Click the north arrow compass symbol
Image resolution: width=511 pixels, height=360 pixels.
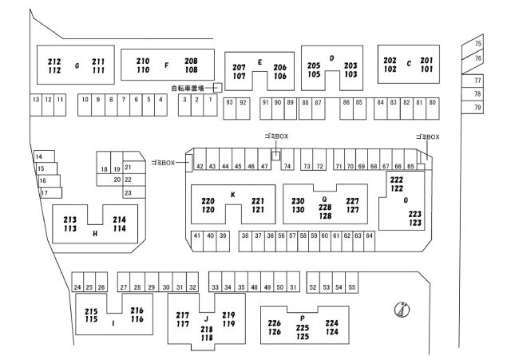point(402,309)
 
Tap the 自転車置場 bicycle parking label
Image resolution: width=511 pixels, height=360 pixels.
point(188,88)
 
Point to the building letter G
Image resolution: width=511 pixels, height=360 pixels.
point(77,65)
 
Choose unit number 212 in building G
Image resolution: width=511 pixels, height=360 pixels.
point(54,61)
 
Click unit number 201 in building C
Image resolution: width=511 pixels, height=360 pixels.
point(426,61)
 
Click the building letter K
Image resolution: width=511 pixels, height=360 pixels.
point(233,195)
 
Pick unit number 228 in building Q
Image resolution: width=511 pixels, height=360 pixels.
point(325,208)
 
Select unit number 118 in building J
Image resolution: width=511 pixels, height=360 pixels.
point(207,338)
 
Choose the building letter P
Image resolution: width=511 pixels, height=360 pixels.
point(303,318)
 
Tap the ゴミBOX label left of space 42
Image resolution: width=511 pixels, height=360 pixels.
point(163,163)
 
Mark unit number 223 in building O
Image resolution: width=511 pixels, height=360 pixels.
point(415,214)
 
